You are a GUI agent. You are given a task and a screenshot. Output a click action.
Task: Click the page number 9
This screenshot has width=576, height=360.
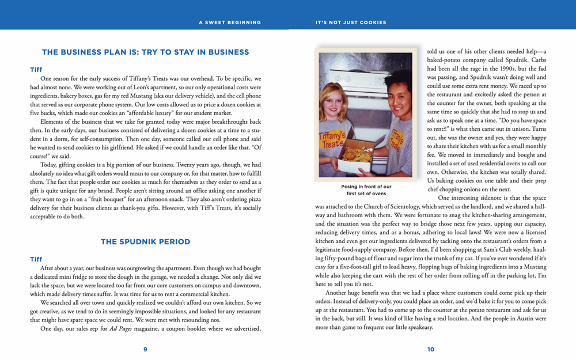(145, 349)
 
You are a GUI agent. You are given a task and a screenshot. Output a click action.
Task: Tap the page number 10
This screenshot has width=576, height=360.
(431, 349)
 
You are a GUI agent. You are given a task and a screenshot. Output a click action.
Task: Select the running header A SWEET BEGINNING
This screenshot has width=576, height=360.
(230, 22)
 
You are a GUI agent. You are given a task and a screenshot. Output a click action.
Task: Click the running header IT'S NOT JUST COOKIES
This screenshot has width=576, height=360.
(351, 22)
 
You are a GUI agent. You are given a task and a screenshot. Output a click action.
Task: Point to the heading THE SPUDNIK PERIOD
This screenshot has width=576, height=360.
(145, 241)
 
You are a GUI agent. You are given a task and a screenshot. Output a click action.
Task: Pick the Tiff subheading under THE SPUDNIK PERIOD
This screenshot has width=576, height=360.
(36, 259)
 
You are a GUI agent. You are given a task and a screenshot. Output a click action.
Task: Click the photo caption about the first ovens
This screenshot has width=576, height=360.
(366, 190)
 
